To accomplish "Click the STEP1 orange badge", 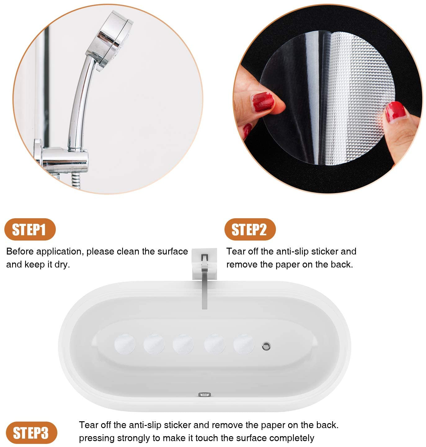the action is point(30,229).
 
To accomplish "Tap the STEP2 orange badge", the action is point(250,229).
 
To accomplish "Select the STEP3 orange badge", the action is point(31,433).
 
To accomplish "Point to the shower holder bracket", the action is point(61,157).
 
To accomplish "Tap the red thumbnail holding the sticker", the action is point(263,102).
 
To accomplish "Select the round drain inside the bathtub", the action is point(266,346).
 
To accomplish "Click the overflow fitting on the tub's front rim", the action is point(205,395).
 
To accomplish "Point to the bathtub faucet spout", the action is point(204,282).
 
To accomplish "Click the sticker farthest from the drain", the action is point(125,344).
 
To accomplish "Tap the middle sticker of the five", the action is point(183,344).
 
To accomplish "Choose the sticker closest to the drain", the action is point(244,344).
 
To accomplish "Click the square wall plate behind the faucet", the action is point(204,264).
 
